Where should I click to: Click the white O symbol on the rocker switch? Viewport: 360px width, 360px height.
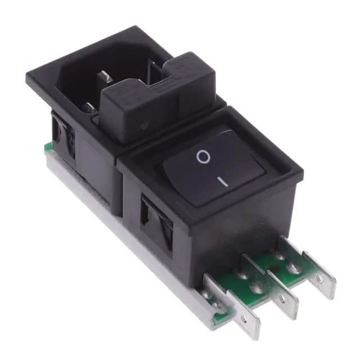[x=203, y=157]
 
